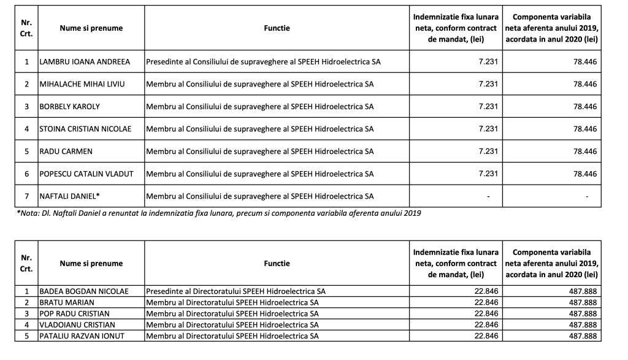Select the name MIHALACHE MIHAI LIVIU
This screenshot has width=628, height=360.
click(x=82, y=84)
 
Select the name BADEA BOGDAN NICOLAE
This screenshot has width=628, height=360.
click(x=84, y=291)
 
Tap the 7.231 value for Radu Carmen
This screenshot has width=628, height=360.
click(x=488, y=151)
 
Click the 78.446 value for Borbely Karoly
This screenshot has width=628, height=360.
click(x=585, y=107)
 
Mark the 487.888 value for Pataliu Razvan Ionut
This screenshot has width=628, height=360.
click(x=583, y=335)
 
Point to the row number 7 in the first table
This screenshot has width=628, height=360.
click(x=26, y=196)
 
